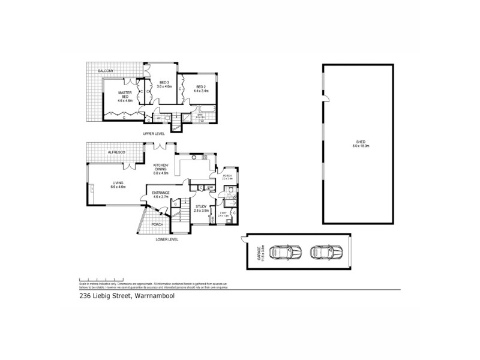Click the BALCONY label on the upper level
tap(106, 71)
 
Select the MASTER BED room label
tap(125, 95)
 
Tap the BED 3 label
tap(164, 85)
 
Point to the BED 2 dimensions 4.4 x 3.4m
tap(202, 91)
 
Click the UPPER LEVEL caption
tap(154, 133)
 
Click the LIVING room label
tap(118, 185)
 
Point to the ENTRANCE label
tap(160, 193)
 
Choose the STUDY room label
tap(201, 208)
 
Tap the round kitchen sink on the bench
tap(194, 158)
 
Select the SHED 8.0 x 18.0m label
tap(361, 144)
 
